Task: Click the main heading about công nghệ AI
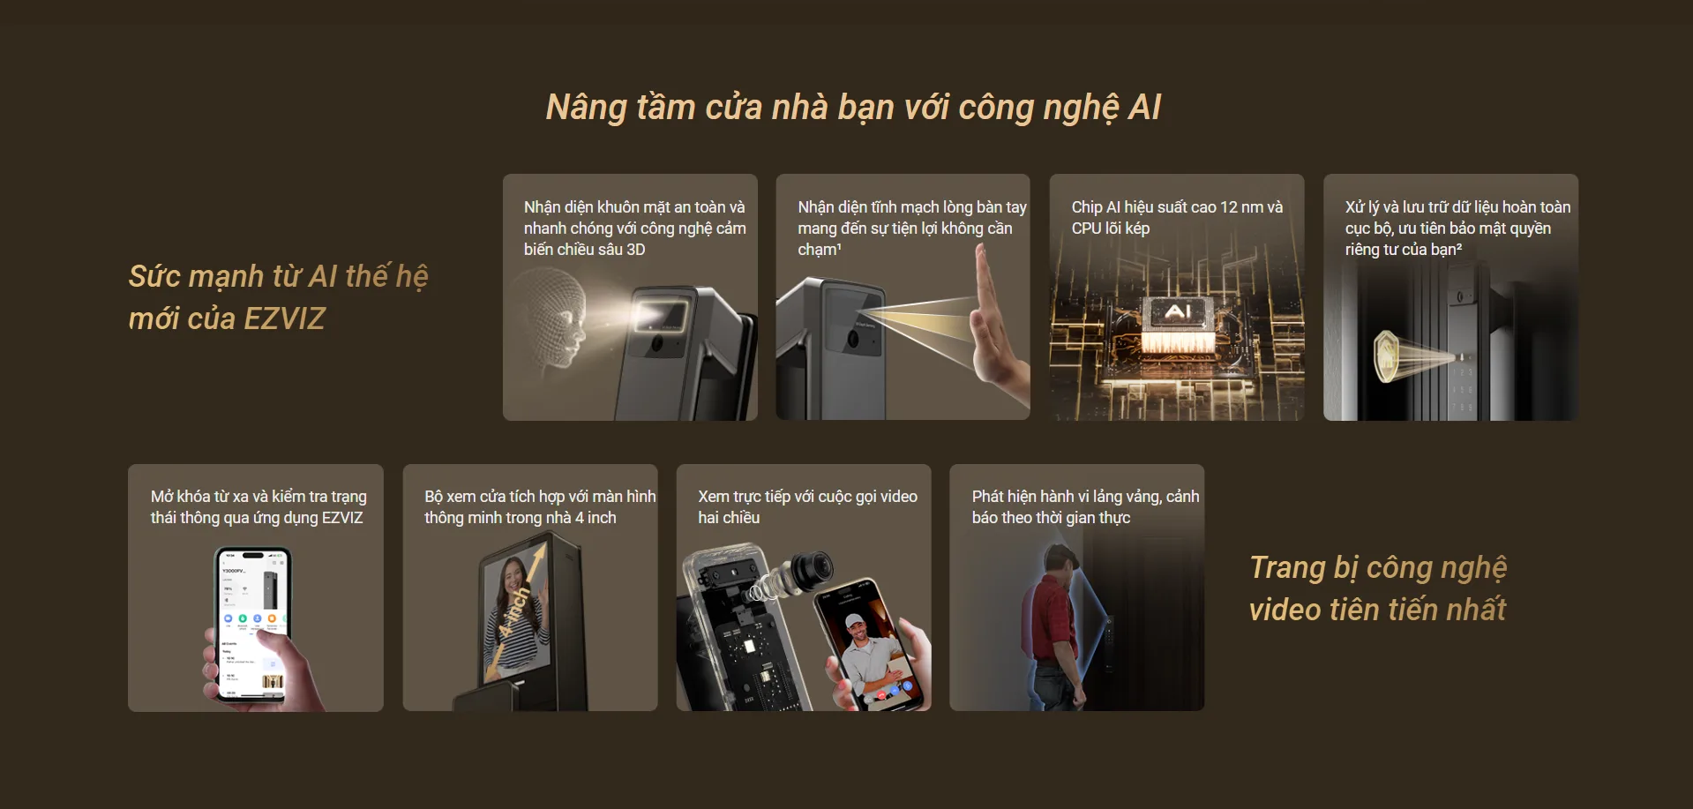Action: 853,108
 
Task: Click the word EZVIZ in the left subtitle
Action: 284,318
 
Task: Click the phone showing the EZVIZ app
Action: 253,624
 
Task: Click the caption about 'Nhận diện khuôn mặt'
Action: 634,228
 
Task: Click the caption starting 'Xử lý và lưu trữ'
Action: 1457,228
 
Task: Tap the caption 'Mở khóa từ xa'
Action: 258,507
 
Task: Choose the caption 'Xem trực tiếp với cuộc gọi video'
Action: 807,507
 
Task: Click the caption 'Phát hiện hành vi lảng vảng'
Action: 1085,507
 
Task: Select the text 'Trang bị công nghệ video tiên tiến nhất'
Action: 1378,588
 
